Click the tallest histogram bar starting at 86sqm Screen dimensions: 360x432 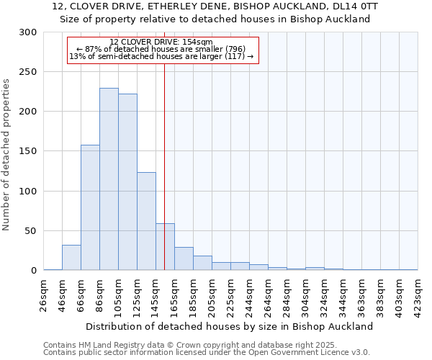109,180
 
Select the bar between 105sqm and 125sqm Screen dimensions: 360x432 127,184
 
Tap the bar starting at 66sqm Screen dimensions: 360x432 90,209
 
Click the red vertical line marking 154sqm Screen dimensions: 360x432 164,144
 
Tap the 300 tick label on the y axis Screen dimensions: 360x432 28,32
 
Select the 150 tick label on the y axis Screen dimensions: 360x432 28,151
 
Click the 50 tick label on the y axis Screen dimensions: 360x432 31,231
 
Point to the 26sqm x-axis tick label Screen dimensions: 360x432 44,295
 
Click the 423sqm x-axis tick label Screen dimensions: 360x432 418,295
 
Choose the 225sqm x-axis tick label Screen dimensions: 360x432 230,295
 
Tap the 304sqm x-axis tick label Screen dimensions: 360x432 305,295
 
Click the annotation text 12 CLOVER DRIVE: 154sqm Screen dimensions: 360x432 161,42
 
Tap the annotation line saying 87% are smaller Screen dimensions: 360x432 161,49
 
